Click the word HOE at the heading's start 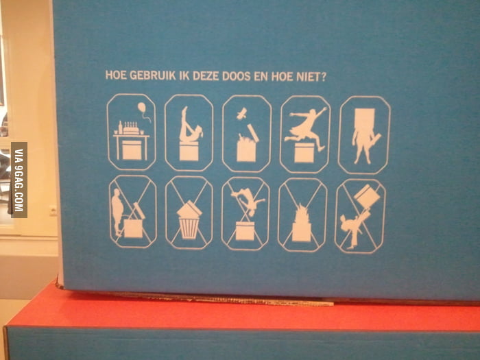tap(115, 75)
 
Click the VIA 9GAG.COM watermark tap(19, 180)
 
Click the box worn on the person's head tap(363, 118)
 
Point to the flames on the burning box tap(302, 210)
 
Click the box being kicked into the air tap(369, 196)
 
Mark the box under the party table tap(131, 148)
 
